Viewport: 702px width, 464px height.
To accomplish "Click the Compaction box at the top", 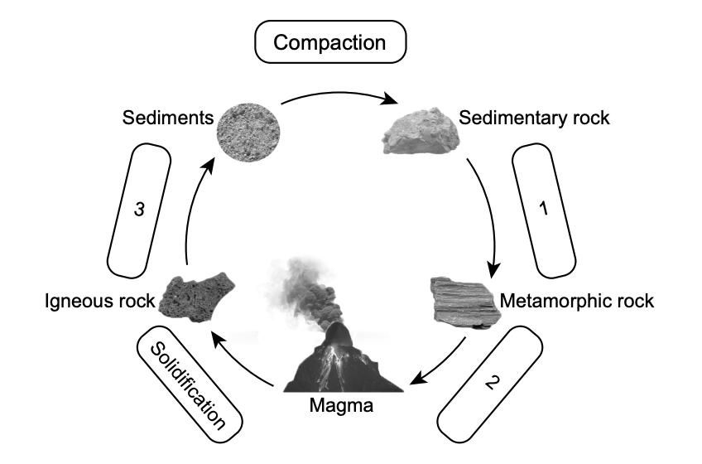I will point(329,42).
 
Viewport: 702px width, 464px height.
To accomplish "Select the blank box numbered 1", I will point(544,211).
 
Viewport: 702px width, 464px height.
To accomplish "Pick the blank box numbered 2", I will point(491,382).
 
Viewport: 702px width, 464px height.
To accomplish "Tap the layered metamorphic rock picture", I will point(462,299).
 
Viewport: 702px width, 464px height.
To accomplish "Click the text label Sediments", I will point(167,117).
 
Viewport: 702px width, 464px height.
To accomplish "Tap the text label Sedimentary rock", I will point(534,118).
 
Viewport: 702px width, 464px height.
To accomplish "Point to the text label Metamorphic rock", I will point(577,301).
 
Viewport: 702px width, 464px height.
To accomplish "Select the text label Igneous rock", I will point(100,302).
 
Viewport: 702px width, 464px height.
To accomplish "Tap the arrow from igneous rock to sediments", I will point(188,215).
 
